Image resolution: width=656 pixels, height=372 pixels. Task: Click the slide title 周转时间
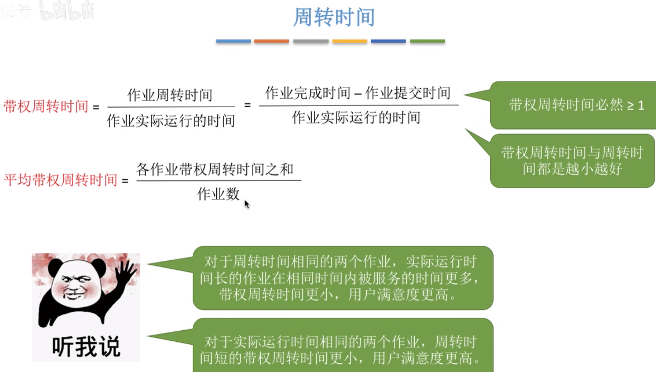pos(334,17)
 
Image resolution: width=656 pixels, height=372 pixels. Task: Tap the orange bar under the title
pos(272,41)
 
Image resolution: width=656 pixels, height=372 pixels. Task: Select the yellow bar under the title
pos(350,41)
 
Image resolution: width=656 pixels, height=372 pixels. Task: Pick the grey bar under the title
pos(311,41)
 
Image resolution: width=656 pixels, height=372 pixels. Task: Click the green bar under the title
pos(427,41)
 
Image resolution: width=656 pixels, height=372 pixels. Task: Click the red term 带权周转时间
pos(46,107)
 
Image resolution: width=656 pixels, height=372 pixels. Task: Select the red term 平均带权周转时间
pos(60,180)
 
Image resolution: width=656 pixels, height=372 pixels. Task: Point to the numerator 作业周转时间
pos(170,95)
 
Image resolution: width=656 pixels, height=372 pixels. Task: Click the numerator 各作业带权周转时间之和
pos(215,170)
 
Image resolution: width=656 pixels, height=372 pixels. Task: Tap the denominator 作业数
pos(218,194)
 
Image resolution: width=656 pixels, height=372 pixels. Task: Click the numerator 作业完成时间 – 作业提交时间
pos(358,93)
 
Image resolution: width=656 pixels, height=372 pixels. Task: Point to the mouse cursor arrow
pos(246,204)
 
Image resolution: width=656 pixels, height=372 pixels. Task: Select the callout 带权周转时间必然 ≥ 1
pos(576,105)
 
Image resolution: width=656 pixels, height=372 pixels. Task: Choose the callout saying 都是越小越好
pos(572,161)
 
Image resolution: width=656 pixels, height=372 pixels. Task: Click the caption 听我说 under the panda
pos(86,347)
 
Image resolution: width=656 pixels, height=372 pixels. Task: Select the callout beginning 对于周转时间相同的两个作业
pos(343,278)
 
